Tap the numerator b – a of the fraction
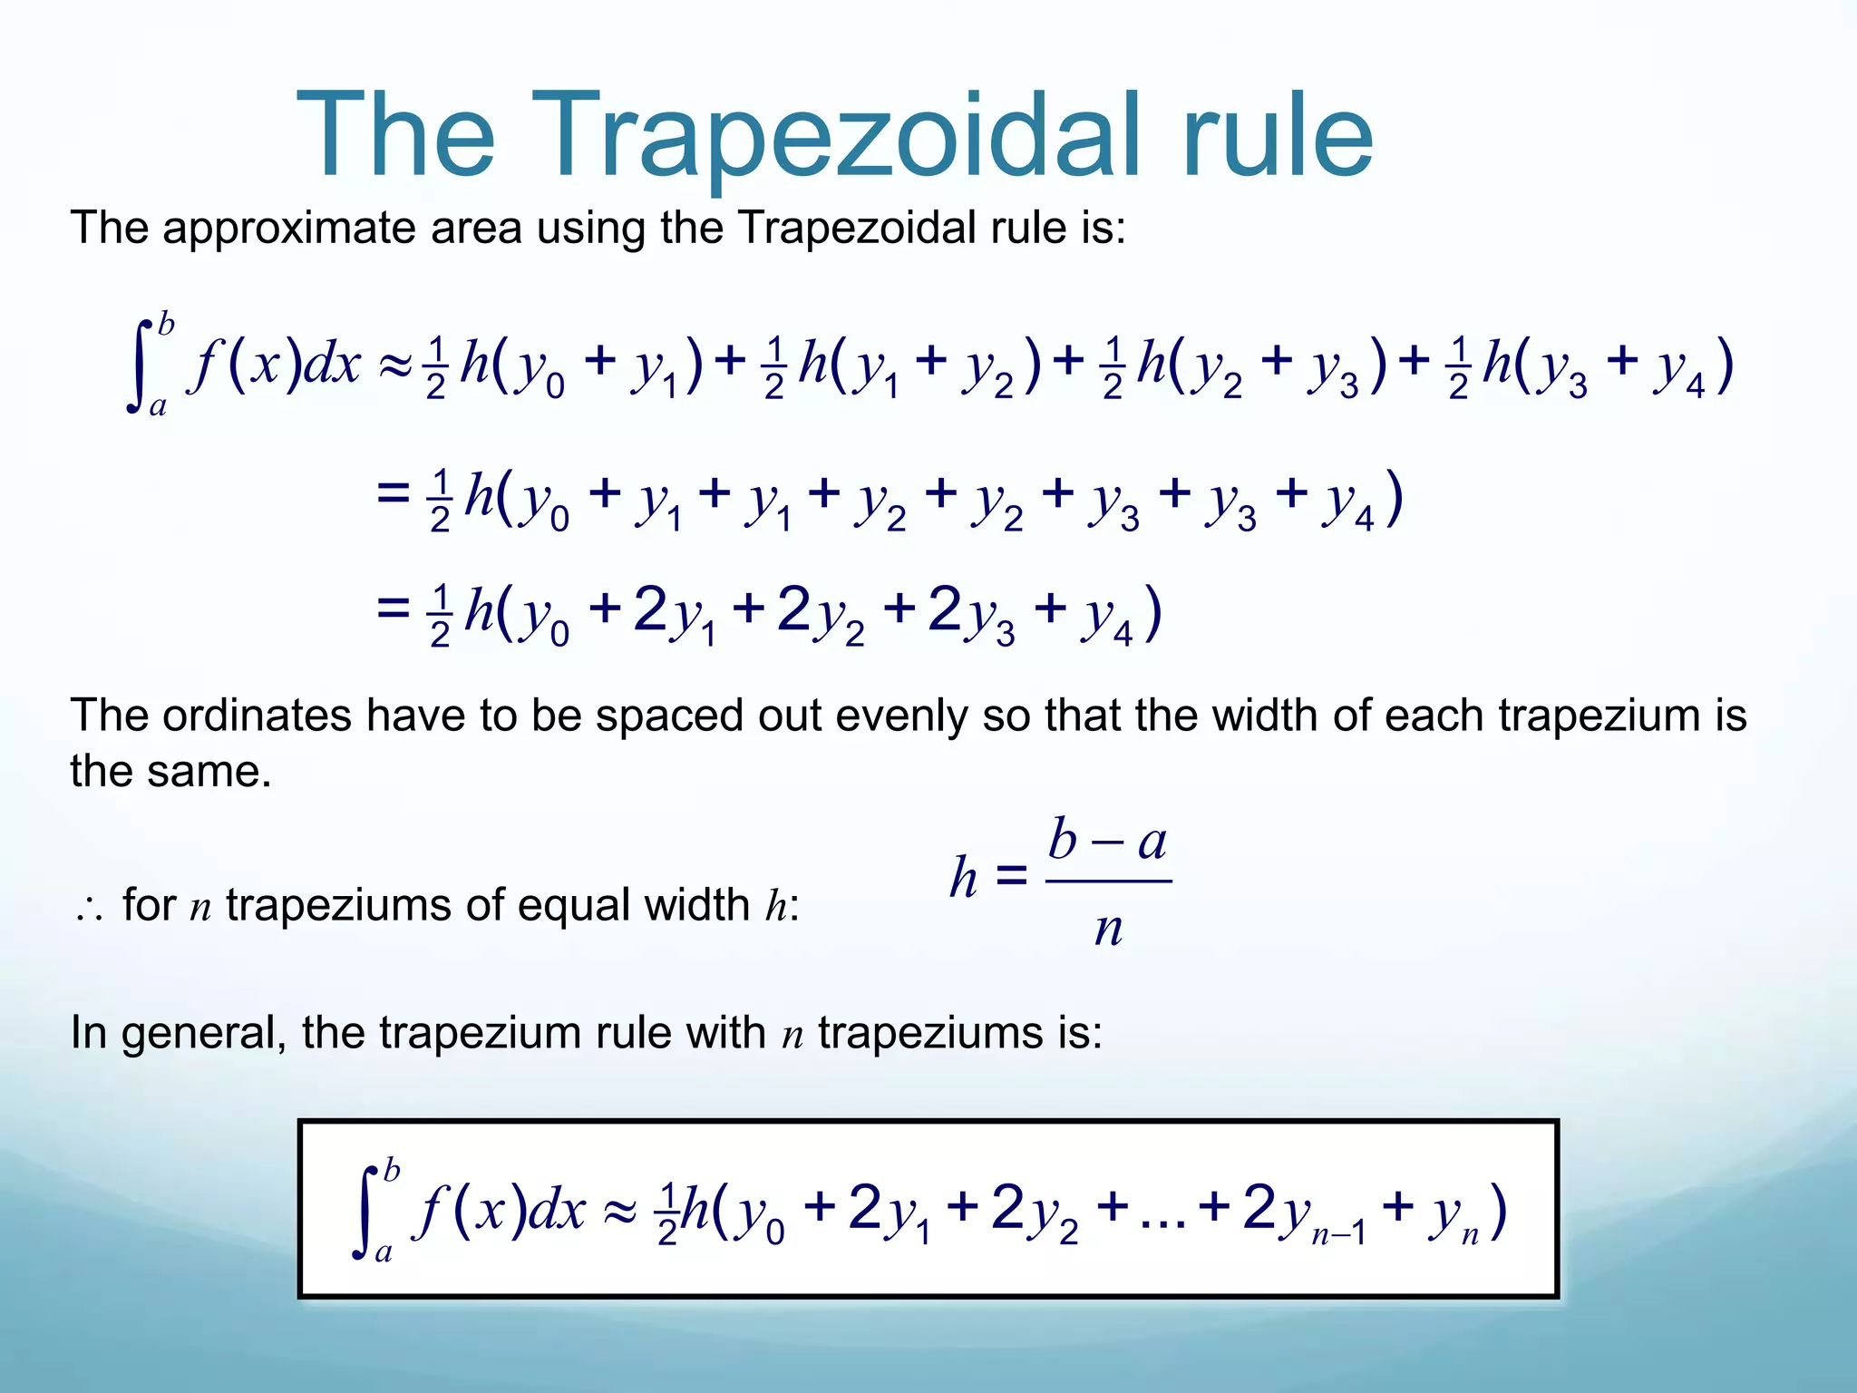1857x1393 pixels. (1107, 841)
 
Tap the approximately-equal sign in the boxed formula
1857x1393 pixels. (620, 1213)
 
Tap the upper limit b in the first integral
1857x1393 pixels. (166, 323)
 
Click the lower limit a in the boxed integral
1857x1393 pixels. (384, 1253)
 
